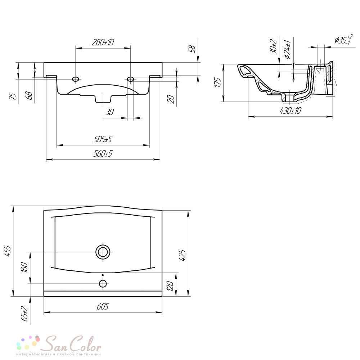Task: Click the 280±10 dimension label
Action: click(103, 42)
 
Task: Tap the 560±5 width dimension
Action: click(103, 154)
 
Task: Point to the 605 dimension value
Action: click(103, 306)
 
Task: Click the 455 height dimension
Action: click(8, 251)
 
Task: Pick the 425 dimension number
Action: click(182, 255)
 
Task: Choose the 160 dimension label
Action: click(24, 267)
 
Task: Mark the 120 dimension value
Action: click(171, 286)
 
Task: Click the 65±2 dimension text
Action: click(24, 314)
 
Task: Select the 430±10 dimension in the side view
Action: click(290, 111)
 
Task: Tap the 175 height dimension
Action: click(217, 82)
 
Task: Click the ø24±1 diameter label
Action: click(287, 49)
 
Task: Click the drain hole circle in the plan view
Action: click(103, 252)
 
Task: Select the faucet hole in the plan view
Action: click(103, 284)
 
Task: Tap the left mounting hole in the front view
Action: click(76, 79)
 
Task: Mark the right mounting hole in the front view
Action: click(131, 79)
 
